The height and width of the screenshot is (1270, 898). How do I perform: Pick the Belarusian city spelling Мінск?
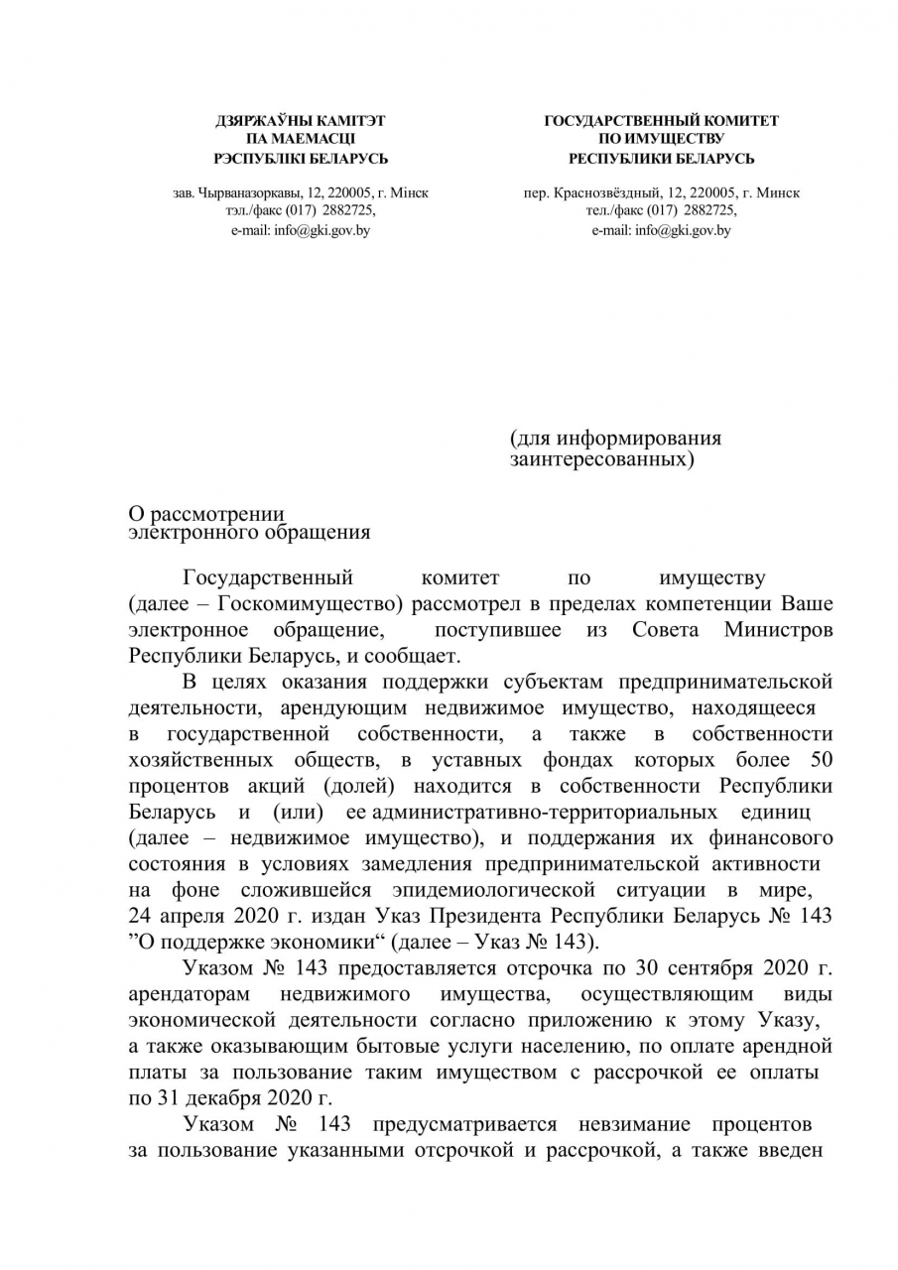click(409, 193)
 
